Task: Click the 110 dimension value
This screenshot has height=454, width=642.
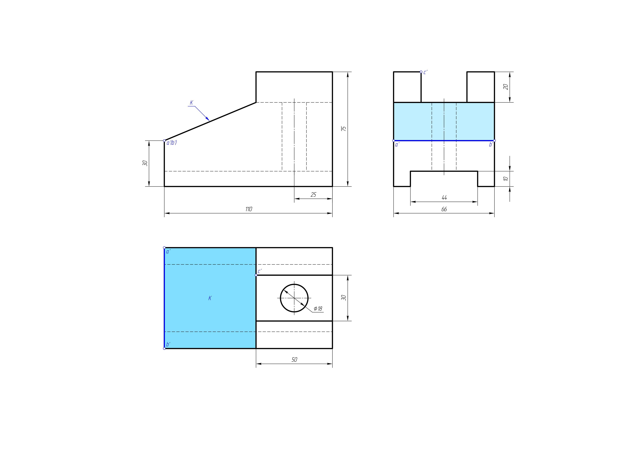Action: pos(249,209)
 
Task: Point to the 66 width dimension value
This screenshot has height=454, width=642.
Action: pos(444,209)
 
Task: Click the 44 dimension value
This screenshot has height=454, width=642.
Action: pos(444,198)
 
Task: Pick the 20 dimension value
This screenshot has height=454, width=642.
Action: pos(506,87)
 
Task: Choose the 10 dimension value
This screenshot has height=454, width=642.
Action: pos(506,179)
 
